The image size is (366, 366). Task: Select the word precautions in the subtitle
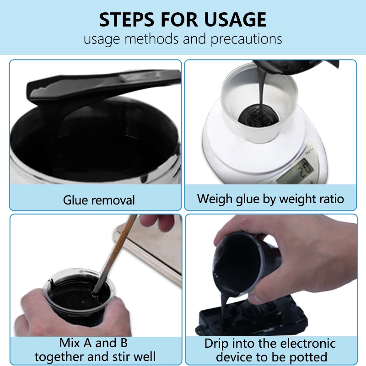click(x=246, y=39)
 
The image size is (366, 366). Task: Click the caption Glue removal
click(x=99, y=200)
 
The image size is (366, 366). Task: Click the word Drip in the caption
click(x=217, y=344)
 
